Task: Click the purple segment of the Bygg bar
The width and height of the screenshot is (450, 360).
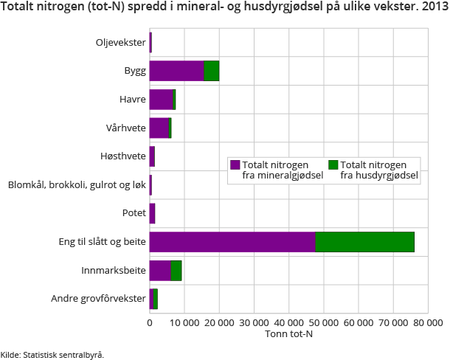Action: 176,71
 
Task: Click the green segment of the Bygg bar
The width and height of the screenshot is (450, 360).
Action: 212,71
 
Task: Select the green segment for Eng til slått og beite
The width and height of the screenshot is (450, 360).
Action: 364,242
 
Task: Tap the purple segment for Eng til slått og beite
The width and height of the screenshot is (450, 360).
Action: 232,242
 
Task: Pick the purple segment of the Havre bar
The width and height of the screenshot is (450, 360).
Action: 161,100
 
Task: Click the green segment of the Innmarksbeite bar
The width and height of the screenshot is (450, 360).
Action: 176,271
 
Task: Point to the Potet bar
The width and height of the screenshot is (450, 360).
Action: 152,214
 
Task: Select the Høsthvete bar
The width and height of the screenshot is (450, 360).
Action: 152,156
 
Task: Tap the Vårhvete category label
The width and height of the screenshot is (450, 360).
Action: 125,128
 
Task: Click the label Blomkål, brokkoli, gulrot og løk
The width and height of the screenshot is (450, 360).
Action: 77,185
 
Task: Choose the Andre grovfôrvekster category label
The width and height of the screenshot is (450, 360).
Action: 98,299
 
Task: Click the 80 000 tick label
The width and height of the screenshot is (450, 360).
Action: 427,322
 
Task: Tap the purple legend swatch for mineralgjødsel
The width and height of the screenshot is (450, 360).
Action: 235,165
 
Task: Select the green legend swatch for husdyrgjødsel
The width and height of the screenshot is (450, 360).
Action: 333,165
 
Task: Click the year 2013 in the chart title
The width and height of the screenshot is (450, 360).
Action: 432,9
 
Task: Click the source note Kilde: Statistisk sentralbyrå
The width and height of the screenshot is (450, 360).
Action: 52,354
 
